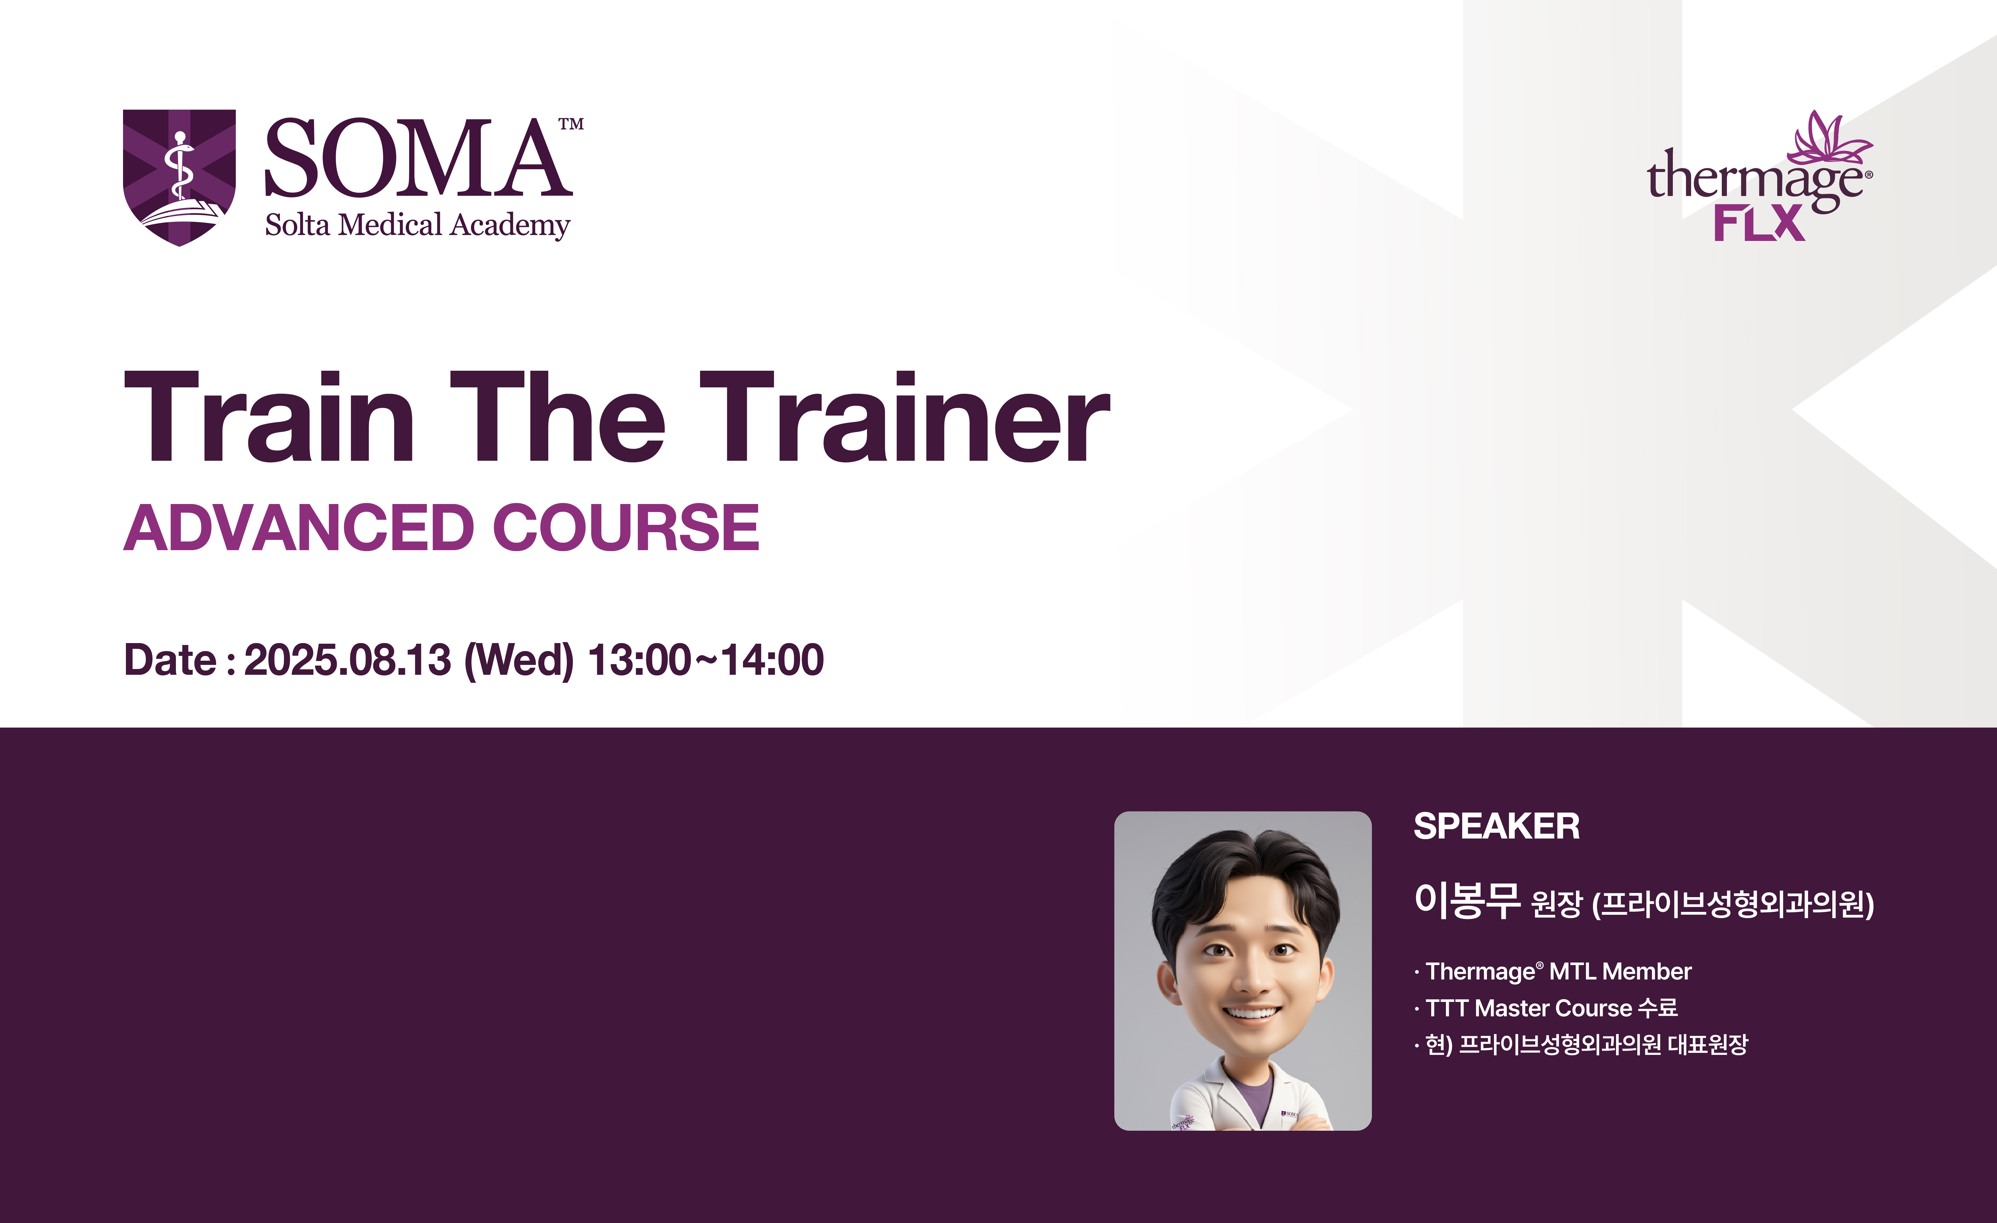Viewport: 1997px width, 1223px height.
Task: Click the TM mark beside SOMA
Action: pyautogui.click(x=571, y=124)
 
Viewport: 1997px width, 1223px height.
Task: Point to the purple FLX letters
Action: pyautogui.click(x=1759, y=223)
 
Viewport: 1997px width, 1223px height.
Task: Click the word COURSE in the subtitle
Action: pyautogui.click(x=626, y=528)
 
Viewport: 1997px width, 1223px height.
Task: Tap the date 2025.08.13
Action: pyautogui.click(x=347, y=660)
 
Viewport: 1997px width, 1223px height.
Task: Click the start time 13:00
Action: pyautogui.click(x=639, y=660)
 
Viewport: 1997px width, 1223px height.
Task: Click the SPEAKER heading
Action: pyautogui.click(x=1496, y=827)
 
